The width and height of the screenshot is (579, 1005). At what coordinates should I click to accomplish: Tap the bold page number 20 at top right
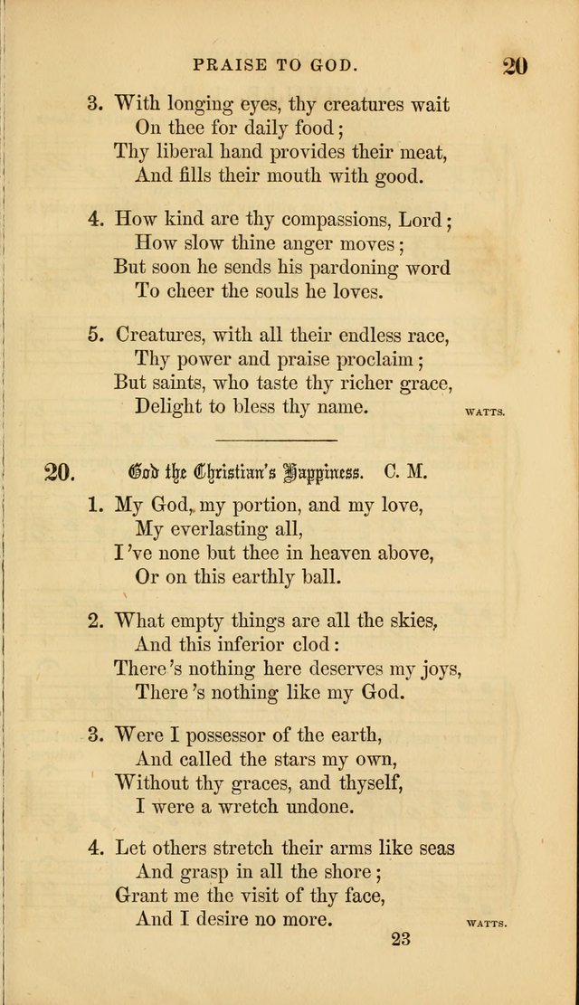514,65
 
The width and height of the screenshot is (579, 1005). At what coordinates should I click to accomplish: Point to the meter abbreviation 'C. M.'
405,472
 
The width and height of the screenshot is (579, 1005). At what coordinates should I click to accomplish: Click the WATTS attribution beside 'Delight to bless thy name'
485,412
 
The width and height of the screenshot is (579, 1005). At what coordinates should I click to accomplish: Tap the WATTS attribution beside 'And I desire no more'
485,924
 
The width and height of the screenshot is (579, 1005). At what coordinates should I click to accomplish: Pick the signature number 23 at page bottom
403,939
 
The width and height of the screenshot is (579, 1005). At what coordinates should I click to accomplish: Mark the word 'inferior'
245,644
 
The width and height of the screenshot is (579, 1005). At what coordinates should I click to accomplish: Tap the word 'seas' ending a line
433,849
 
